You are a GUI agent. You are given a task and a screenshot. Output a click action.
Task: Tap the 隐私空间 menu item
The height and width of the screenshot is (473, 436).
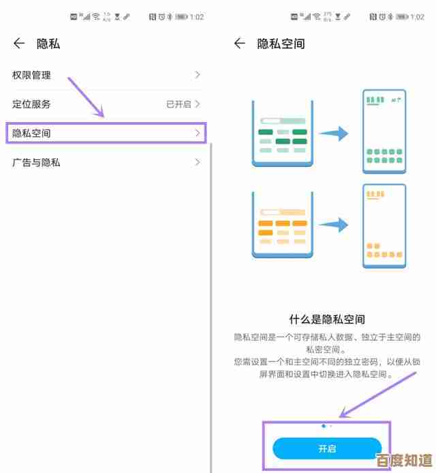click(x=32, y=133)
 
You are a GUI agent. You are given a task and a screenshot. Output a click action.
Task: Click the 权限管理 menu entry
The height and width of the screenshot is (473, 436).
click(x=32, y=75)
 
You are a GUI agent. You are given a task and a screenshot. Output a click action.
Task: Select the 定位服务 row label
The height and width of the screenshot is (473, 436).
click(x=32, y=104)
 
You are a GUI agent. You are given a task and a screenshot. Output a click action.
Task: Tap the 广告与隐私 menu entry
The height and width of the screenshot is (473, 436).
click(x=37, y=162)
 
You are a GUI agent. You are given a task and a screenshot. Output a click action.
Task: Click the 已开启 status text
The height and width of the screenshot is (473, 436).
click(x=178, y=104)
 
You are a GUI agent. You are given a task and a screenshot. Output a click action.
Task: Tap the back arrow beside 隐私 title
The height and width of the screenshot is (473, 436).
click(x=18, y=44)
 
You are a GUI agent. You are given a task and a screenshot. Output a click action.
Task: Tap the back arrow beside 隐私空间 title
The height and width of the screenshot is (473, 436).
click(x=239, y=44)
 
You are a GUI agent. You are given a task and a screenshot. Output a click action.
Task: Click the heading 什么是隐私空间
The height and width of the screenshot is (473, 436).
click(x=327, y=319)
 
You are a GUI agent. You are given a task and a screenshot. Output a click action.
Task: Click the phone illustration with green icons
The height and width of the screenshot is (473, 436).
click(x=384, y=131)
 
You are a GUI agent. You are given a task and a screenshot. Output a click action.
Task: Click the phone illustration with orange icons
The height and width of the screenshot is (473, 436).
click(x=384, y=225)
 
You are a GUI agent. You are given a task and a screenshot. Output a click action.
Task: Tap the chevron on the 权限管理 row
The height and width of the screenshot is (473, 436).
click(x=198, y=75)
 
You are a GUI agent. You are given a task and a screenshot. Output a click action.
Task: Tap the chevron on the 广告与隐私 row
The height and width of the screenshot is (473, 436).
click(x=198, y=162)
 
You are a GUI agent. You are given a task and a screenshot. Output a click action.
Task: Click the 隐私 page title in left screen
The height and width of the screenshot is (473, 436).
click(x=48, y=44)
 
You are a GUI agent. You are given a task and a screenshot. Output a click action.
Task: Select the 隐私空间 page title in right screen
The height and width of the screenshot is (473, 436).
click(x=281, y=44)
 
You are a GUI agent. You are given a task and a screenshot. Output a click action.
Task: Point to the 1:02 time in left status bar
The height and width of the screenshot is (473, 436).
click(x=197, y=16)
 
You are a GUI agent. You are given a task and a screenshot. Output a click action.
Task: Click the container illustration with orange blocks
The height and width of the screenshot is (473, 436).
click(x=283, y=224)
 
